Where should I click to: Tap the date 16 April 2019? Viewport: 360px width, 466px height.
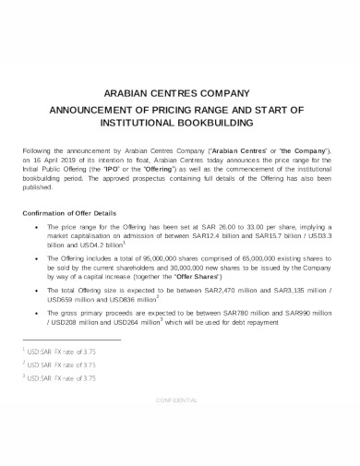click(64, 157)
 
